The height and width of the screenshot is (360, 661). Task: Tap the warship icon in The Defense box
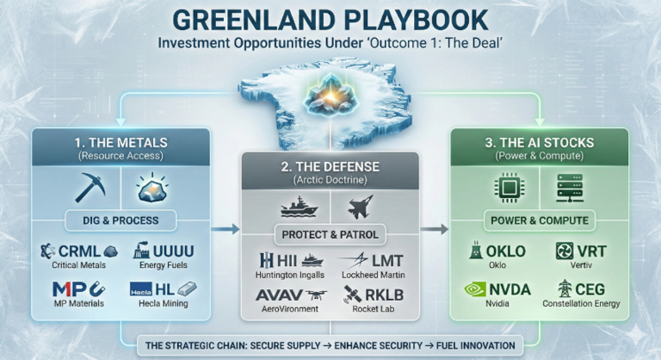pyautogui.click(x=297, y=207)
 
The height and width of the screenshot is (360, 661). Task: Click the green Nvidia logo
pyautogui.click(x=478, y=289)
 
